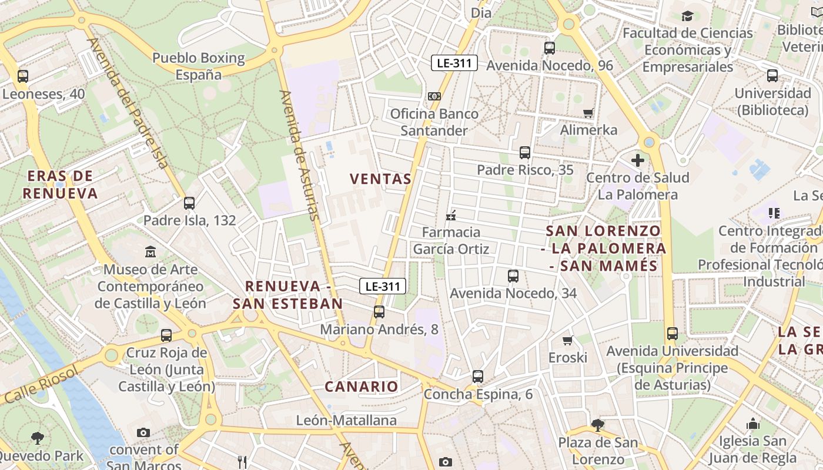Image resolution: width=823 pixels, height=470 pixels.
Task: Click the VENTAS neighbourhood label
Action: [380, 179]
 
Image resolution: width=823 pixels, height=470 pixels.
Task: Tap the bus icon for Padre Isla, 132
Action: [189, 203]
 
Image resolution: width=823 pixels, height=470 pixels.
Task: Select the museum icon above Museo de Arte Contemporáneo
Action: [150, 252]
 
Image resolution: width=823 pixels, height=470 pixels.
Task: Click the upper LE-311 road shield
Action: [454, 63]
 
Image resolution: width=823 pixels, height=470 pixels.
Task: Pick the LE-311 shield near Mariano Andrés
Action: [383, 286]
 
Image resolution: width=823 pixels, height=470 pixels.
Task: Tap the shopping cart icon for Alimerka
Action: [588, 113]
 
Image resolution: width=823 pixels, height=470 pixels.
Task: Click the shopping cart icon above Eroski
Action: [567, 341]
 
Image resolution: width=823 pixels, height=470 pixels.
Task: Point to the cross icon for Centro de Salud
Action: [638, 160]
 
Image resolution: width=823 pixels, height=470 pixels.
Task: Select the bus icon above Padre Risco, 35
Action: [524, 153]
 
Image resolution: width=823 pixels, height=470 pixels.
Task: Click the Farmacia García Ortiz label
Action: [451, 241]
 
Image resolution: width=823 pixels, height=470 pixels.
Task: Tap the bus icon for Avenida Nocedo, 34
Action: [513, 276]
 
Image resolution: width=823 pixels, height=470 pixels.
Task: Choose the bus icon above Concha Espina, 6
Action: [477, 376]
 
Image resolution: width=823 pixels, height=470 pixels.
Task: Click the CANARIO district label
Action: [362, 387]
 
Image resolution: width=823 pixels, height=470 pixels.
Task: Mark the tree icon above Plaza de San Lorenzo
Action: [597, 424]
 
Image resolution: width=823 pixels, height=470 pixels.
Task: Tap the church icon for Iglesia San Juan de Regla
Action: [752, 424]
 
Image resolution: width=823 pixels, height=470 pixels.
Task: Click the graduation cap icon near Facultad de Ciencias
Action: [687, 16]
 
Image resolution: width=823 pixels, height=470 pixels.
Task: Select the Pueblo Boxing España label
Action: [199, 66]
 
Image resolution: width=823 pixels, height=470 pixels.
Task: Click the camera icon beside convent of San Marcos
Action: [143, 433]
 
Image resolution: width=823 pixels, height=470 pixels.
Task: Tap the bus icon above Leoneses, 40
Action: [23, 76]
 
